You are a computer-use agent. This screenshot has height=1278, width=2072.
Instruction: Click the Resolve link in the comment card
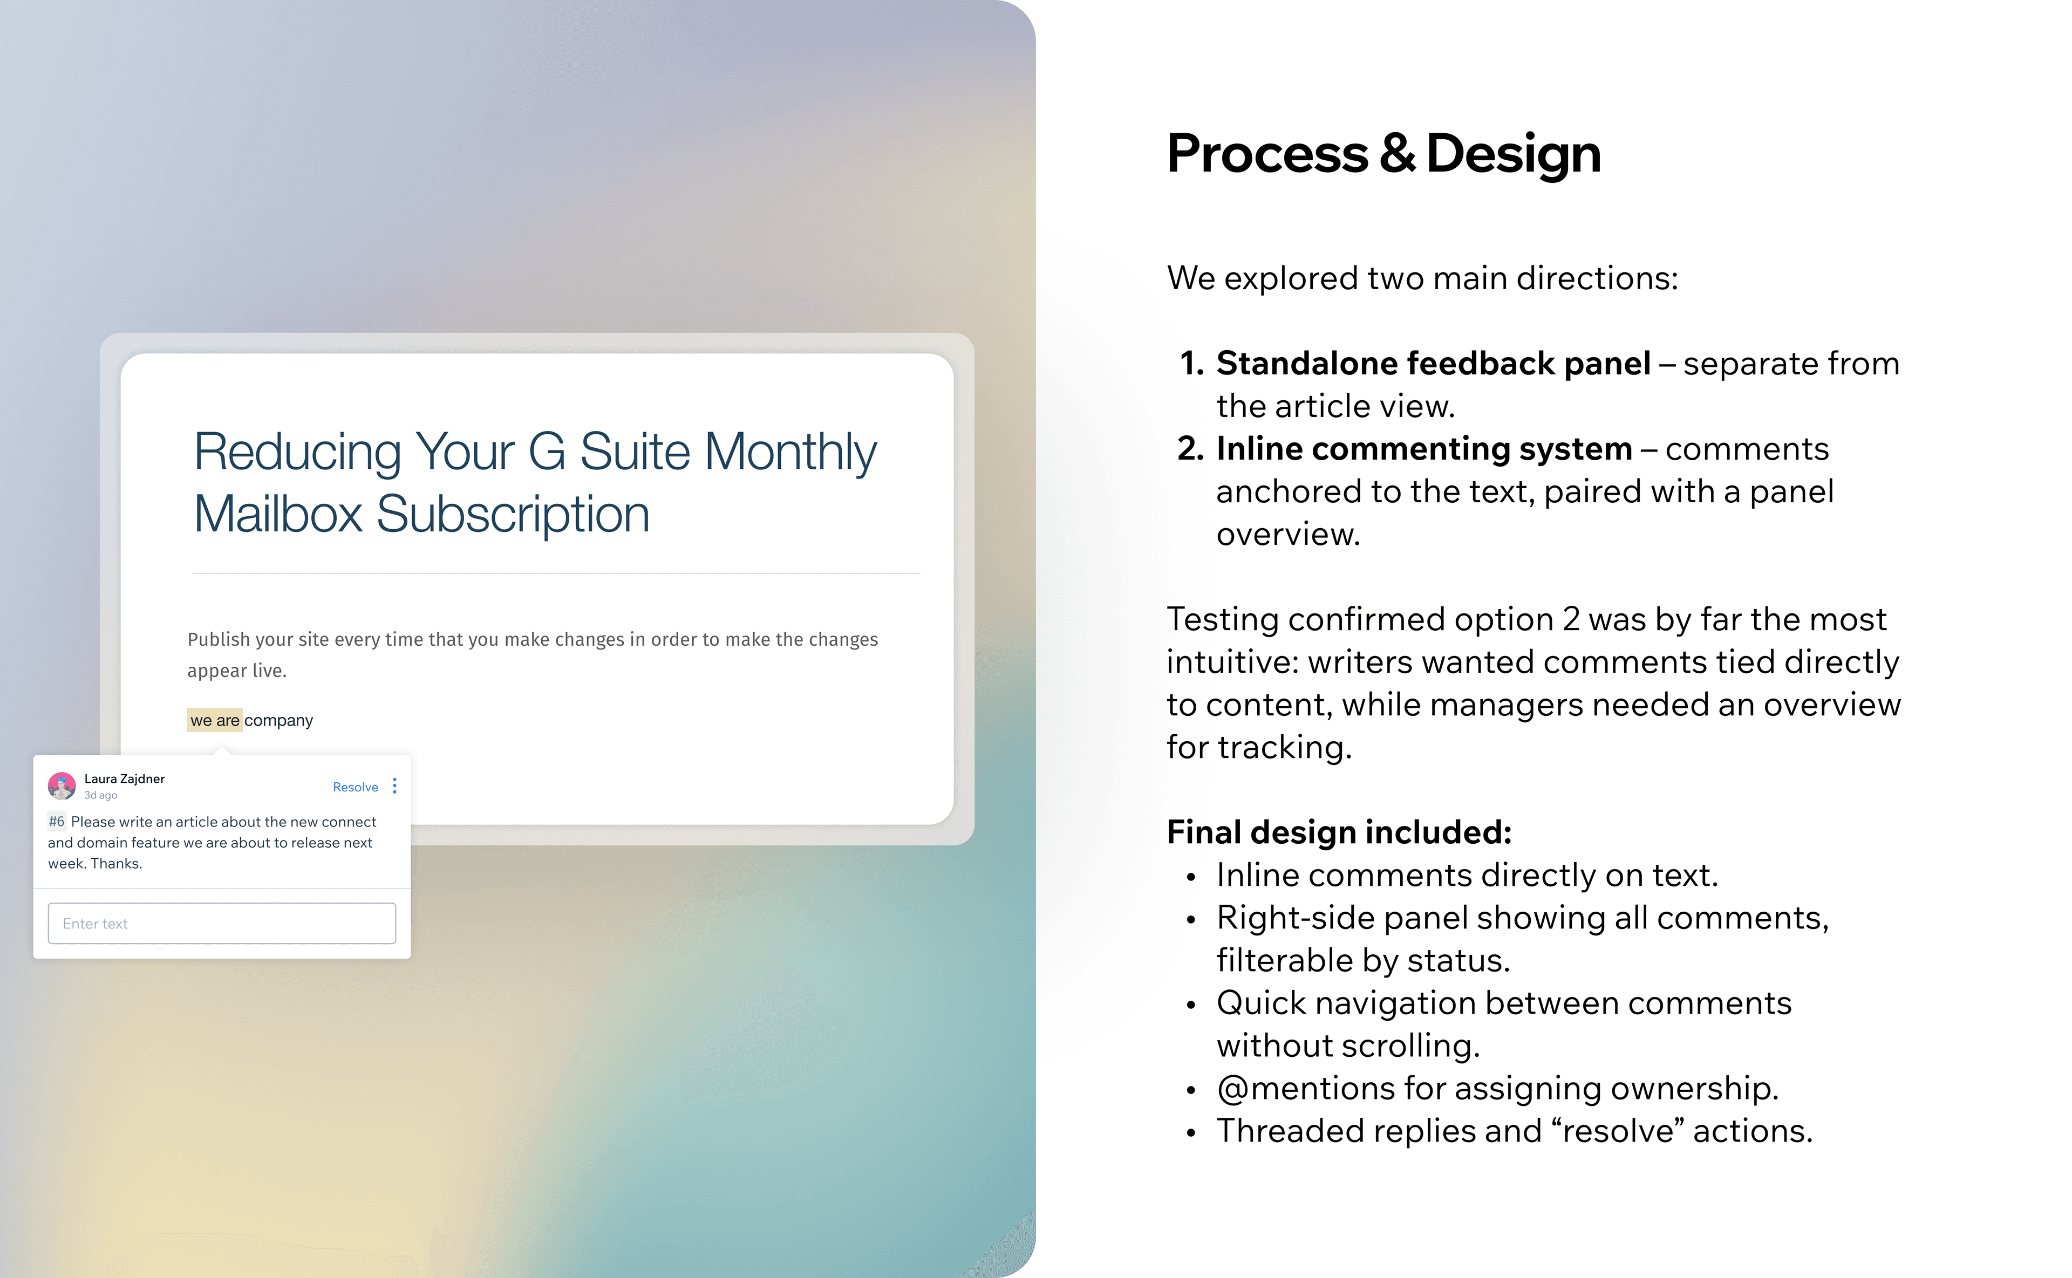(x=355, y=787)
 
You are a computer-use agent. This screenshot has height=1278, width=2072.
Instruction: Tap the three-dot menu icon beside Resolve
(x=395, y=786)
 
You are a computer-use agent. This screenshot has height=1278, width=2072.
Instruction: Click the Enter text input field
(x=221, y=923)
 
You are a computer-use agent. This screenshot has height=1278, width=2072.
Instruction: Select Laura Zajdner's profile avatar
(x=62, y=786)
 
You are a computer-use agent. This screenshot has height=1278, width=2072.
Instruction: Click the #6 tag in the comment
(x=57, y=822)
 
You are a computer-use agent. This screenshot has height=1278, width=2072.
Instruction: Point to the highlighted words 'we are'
(x=215, y=720)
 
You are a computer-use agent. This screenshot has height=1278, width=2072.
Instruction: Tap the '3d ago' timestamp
(x=100, y=795)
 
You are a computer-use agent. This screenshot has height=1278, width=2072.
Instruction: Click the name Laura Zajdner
(x=124, y=778)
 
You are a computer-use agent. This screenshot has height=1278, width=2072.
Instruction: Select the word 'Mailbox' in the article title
(x=278, y=514)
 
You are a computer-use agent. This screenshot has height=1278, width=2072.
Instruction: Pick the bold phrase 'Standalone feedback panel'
(x=1433, y=364)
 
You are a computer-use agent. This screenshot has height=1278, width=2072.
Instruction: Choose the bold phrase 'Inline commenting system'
(x=1423, y=449)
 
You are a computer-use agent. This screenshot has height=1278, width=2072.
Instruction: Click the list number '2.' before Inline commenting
(x=1190, y=449)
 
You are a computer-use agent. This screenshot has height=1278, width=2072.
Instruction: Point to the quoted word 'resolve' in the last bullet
(x=1617, y=1131)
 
